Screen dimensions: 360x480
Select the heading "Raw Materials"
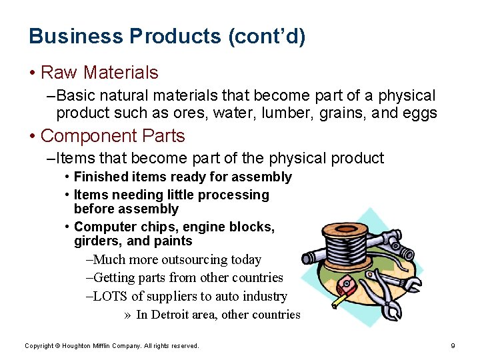(x=99, y=72)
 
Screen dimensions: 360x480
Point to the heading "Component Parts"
(x=113, y=136)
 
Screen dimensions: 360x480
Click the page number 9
(x=453, y=345)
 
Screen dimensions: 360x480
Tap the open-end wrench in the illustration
(x=404, y=283)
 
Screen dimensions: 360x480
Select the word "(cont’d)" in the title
(x=267, y=36)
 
